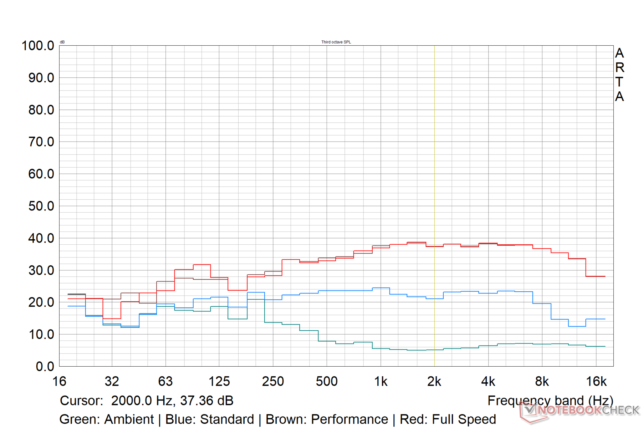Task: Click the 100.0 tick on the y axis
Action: (x=38, y=46)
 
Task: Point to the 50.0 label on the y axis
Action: (x=41, y=206)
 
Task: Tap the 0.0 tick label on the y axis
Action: (x=45, y=367)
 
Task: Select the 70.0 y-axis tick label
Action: (x=41, y=142)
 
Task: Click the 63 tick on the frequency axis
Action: (x=165, y=382)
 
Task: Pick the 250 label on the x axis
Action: (x=273, y=382)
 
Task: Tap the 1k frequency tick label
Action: (x=381, y=382)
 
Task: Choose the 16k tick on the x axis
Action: (x=596, y=382)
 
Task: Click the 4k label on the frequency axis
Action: (x=488, y=382)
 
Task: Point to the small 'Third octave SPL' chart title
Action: (x=336, y=42)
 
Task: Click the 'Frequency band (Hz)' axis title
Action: (x=550, y=401)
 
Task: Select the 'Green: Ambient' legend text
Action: (x=107, y=419)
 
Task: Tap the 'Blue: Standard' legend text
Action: (x=210, y=419)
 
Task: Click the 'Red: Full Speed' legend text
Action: (x=448, y=419)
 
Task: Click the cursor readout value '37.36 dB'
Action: (x=206, y=401)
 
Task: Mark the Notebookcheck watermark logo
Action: (x=580, y=411)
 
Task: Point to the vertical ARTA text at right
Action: (x=619, y=75)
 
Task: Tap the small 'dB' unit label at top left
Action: (x=62, y=42)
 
